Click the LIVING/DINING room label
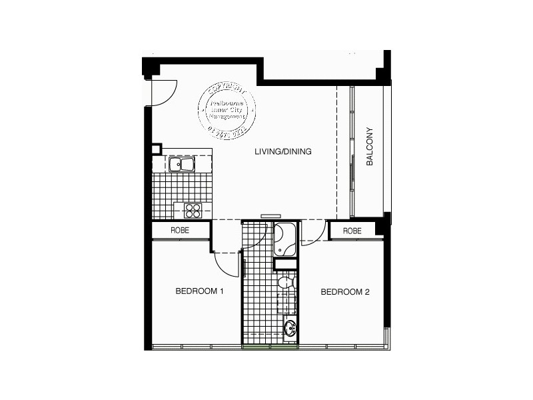(283, 152)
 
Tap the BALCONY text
(369, 147)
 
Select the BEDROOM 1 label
(199, 291)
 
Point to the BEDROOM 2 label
(344, 291)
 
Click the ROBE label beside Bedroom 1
(180, 231)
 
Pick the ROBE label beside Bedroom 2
(352, 231)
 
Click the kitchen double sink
(181, 164)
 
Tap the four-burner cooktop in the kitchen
(193, 211)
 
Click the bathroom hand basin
(290, 328)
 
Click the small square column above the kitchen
(157, 149)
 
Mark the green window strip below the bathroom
(269, 347)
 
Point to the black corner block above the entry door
(151, 67)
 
